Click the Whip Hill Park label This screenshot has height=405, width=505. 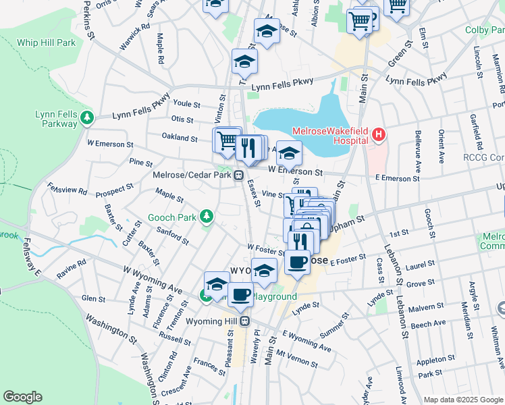(47, 42)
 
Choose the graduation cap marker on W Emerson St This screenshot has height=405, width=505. (289, 153)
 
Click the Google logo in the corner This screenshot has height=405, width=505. (22, 397)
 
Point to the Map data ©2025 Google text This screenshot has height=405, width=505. (462, 400)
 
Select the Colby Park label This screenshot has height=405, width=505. (485, 30)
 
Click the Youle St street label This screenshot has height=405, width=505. (186, 105)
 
